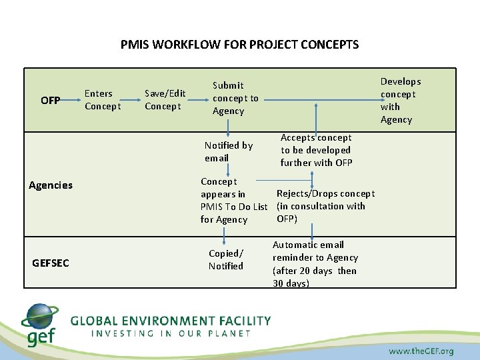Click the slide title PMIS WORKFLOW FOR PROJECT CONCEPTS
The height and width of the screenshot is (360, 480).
(239, 45)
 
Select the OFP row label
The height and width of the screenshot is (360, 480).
(51, 101)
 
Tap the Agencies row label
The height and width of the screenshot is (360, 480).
(51, 185)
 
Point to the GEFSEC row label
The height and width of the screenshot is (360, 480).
(51, 263)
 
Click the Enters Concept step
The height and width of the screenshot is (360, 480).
(103, 100)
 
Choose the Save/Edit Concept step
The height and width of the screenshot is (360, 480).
(165, 100)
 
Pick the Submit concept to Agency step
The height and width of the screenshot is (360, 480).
(235, 98)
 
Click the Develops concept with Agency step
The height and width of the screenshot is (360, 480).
(400, 101)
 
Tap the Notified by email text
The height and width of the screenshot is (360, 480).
(228, 151)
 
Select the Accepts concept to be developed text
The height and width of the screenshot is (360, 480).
(316, 150)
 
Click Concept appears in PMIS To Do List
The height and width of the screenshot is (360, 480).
(233, 200)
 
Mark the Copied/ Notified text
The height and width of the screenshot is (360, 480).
(226, 259)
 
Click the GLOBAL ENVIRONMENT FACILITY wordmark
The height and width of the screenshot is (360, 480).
(171, 321)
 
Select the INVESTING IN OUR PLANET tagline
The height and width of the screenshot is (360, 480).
(171, 333)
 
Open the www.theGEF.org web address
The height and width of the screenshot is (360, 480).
(421, 351)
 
